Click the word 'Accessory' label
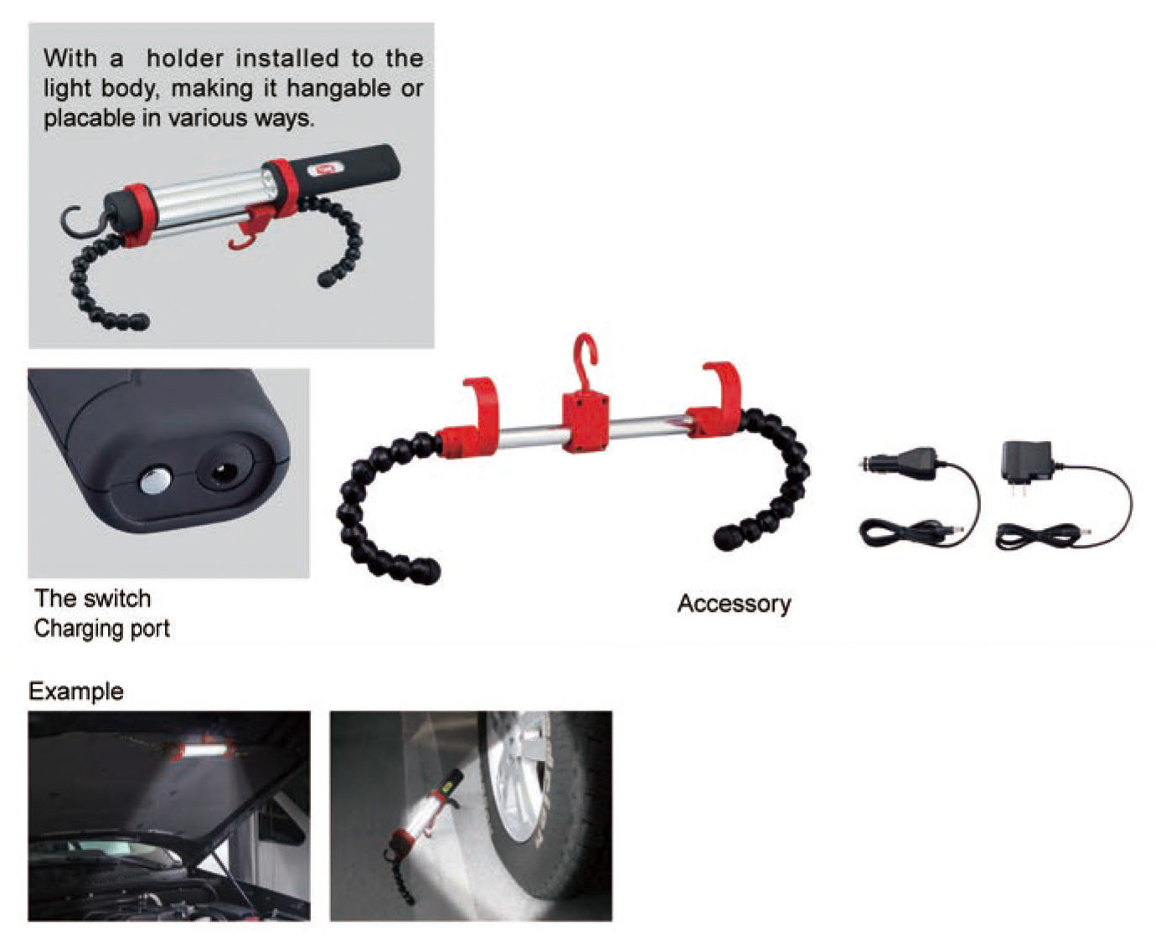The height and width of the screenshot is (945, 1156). tap(734, 603)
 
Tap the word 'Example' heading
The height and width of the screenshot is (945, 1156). tap(76, 691)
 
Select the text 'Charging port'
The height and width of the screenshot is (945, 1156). tap(101, 629)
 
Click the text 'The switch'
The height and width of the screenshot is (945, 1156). tap(92, 598)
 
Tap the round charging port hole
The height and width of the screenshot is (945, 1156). tap(223, 474)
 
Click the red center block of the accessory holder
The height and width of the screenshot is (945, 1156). tap(585, 422)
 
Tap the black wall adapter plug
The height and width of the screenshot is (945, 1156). tap(1026, 462)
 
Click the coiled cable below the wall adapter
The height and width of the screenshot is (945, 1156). tap(1039, 534)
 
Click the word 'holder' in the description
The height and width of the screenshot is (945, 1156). tap(185, 59)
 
